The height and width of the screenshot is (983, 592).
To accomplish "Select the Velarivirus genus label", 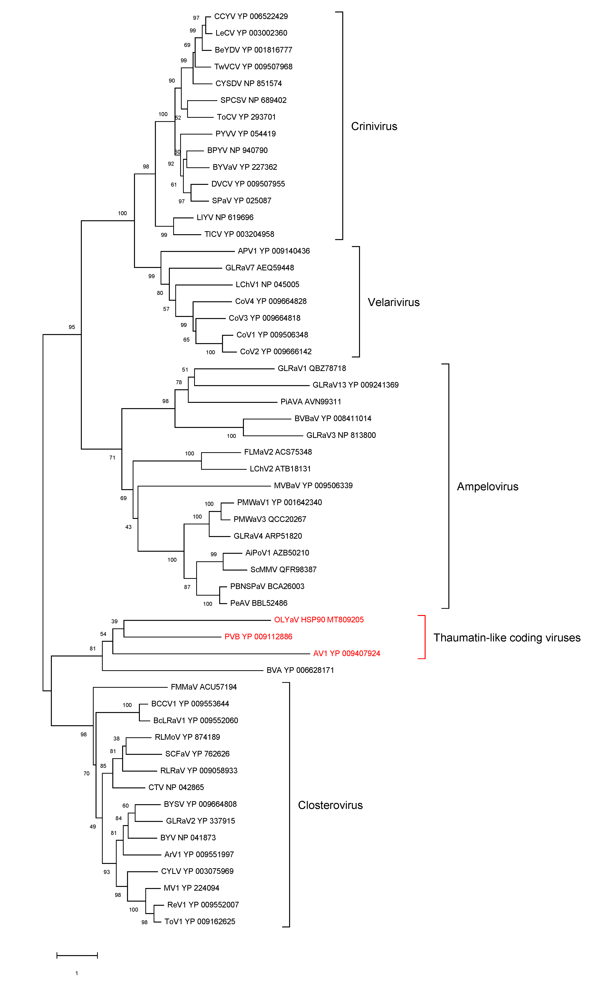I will click(393, 302).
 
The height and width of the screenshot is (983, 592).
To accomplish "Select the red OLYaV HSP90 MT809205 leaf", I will click(319, 620).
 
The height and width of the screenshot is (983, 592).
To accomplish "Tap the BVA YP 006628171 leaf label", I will click(300, 670).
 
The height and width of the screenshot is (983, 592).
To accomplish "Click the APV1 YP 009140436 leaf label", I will click(274, 251).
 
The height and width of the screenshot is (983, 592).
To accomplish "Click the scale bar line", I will click(77, 955).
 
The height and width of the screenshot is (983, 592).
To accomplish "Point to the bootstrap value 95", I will click(72, 327).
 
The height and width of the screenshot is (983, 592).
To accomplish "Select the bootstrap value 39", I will click(114, 621).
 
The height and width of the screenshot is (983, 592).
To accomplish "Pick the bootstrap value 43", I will click(129, 527).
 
